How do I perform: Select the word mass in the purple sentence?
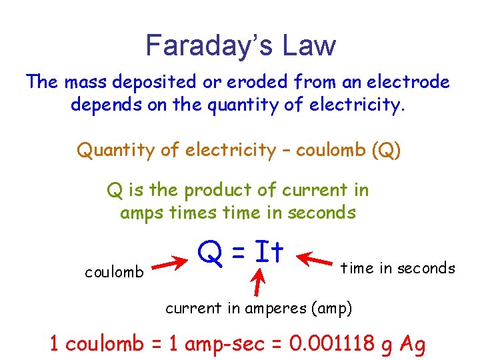87,82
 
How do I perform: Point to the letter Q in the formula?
207,253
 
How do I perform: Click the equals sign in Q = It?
239,253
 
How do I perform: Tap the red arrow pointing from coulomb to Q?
172,263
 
